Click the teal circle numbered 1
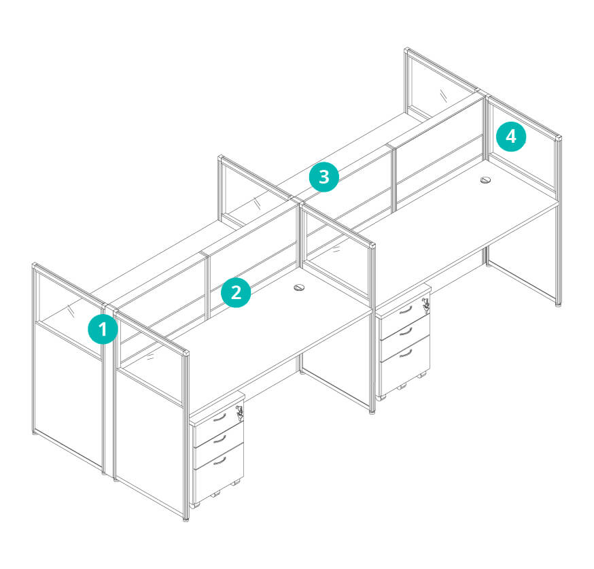(103, 329)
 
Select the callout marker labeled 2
(236, 292)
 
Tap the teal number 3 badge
(324, 177)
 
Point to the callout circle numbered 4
(511, 137)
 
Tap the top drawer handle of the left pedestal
(220, 418)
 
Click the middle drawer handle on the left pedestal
(220, 439)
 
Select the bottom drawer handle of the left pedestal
(220, 461)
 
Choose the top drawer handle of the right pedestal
(405, 310)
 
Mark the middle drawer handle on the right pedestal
(405, 332)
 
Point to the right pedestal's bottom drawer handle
(405, 354)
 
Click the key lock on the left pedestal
(239, 412)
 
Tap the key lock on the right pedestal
(426, 304)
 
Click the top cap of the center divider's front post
(372, 246)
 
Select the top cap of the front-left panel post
(186, 354)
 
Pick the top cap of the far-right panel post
(559, 137)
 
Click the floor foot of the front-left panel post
(186, 519)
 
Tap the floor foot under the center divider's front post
(372, 412)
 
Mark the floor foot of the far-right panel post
(559, 304)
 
